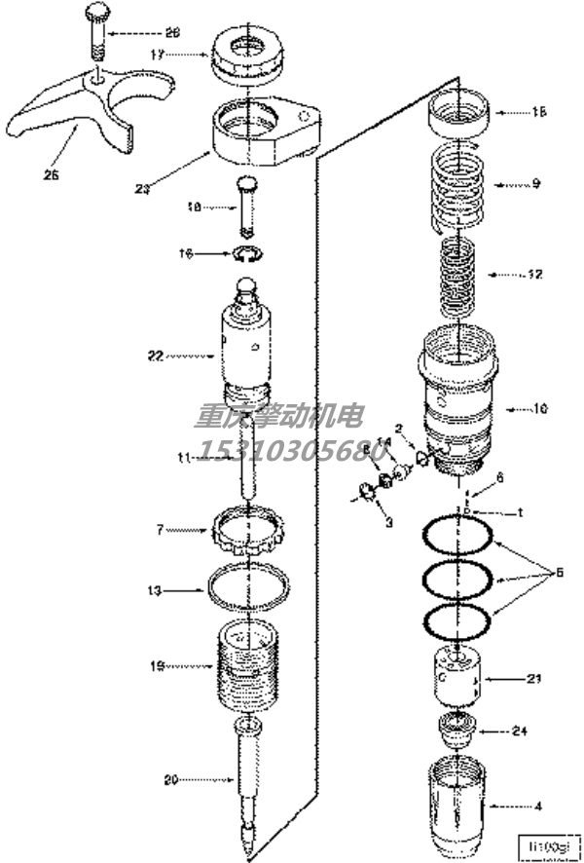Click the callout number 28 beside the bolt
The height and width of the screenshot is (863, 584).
tap(172, 32)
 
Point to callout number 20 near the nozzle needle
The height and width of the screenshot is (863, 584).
tap(172, 778)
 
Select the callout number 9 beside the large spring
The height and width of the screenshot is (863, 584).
tap(534, 183)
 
